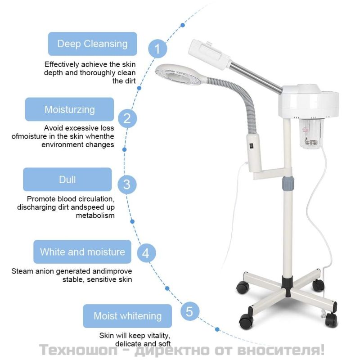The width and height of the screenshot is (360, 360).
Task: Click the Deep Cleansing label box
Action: click(x=93, y=44)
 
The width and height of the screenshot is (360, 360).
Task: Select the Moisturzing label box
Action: click(x=70, y=109)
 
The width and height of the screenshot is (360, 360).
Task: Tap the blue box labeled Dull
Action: click(x=67, y=179)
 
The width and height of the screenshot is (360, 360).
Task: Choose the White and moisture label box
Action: click(x=82, y=252)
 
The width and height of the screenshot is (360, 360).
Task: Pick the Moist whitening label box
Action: click(x=127, y=316)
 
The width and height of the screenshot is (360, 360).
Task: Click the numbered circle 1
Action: click(x=157, y=49)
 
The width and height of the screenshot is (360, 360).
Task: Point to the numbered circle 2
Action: click(x=127, y=118)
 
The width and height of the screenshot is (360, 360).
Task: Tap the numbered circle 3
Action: click(x=127, y=184)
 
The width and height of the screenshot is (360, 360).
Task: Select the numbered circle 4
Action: click(x=146, y=253)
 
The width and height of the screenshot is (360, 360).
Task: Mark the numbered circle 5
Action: click(x=189, y=311)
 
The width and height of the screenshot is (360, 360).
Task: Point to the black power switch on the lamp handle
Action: click(x=252, y=145)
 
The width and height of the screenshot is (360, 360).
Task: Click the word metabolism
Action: click(x=95, y=216)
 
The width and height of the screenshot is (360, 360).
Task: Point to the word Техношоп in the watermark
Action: click(x=78, y=350)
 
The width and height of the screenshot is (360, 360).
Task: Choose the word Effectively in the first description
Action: click(x=62, y=64)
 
